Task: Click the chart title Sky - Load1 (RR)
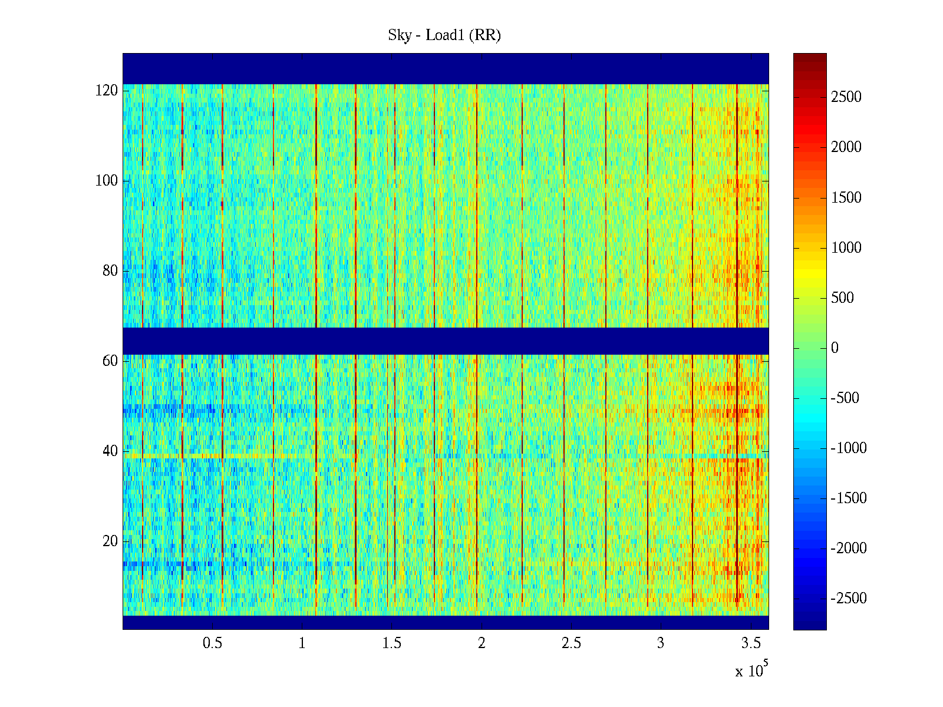[x=444, y=35]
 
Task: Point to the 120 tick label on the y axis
[x=107, y=91]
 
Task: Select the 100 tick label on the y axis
[x=107, y=181]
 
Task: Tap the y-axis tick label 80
[x=110, y=271]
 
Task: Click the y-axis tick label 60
[x=110, y=361]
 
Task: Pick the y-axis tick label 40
[x=110, y=451]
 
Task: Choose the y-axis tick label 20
[x=110, y=541]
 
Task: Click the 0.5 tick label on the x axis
[x=212, y=643]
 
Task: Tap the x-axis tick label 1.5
[x=392, y=643]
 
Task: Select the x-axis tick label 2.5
[x=571, y=643]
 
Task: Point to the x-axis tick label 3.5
[x=750, y=643]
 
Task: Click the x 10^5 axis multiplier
[x=751, y=670]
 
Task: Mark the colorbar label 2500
[x=846, y=97]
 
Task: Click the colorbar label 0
[x=835, y=348]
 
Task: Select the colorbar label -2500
[x=849, y=599]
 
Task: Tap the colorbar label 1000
[x=846, y=248]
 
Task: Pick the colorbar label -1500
[x=849, y=498]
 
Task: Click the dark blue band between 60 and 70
[x=446, y=341]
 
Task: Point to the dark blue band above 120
[x=446, y=68]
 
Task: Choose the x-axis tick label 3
[x=661, y=643]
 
